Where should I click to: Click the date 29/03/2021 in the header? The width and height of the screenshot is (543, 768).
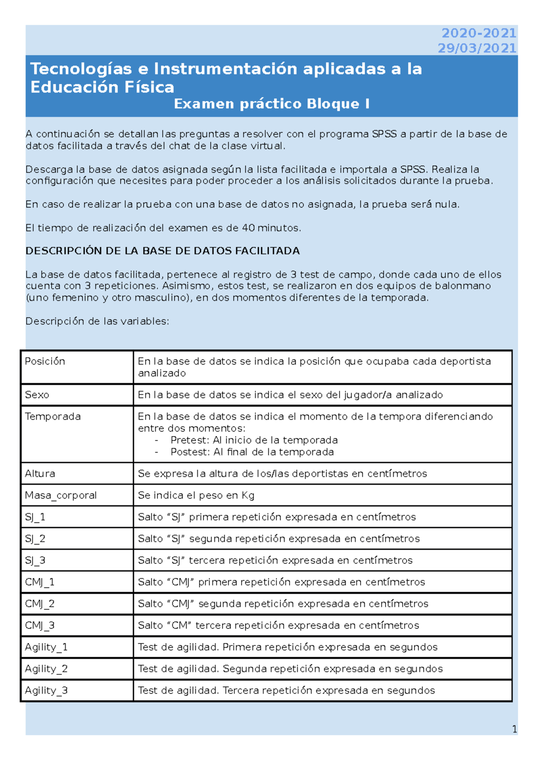pyautogui.click(x=477, y=48)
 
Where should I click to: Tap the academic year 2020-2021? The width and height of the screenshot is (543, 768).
pyautogui.click(x=479, y=33)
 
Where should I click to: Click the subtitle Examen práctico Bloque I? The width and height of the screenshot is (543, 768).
pyautogui.click(x=271, y=104)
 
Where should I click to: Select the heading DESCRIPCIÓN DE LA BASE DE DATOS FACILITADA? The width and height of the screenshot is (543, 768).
pyautogui.click(x=162, y=251)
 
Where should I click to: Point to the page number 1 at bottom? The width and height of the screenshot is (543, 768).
pyautogui.click(x=514, y=729)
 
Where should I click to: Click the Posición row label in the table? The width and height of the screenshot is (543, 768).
pyautogui.click(x=45, y=361)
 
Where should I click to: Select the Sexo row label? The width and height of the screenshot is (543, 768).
pyautogui.click(x=37, y=395)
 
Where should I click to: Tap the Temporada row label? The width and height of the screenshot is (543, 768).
pyautogui.click(x=53, y=417)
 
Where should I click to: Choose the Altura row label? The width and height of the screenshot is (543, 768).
pyautogui.click(x=40, y=474)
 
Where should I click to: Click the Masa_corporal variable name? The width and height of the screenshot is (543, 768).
pyautogui.click(x=61, y=495)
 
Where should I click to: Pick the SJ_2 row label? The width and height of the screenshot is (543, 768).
pyautogui.click(x=35, y=539)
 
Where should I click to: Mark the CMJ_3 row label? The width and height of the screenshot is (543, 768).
pyautogui.click(x=40, y=626)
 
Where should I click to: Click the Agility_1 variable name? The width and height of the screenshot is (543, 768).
pyautogui.click(x=46, y=647)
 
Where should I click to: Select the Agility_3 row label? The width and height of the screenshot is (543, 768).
pyautogui.click(x=46, y=691)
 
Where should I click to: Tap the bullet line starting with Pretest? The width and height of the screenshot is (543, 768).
pyautogui.click(x=254, y=440)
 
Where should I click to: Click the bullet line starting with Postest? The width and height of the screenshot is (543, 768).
pyautogui.click(x=252, y=452)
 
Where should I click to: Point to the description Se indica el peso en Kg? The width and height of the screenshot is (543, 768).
pyautogui.click(x=196, y=495)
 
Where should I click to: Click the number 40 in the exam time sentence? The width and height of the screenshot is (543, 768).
pyautogui.click(x=248, y=228)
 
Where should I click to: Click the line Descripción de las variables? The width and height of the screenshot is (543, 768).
pyautogui.click(x=97, y=321)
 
